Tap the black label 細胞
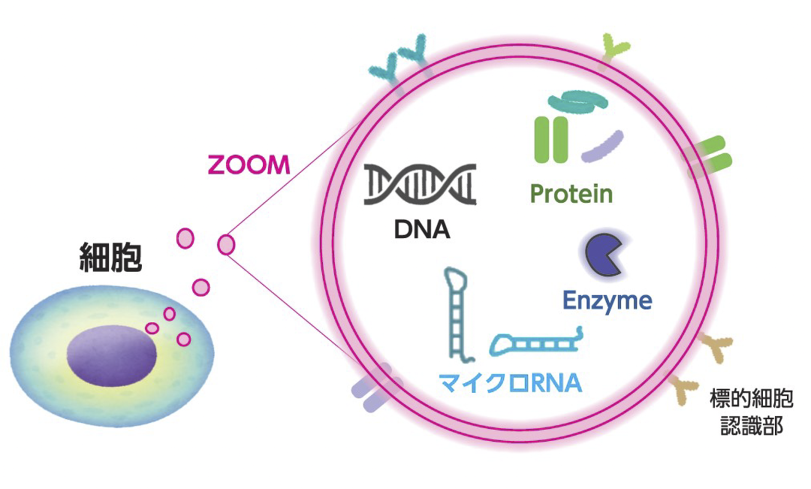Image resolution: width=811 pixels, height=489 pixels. (110, 257)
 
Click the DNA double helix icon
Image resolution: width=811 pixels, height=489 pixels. (421, 184)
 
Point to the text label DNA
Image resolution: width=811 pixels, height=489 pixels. (421, 228)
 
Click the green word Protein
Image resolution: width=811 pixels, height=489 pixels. (571, 194)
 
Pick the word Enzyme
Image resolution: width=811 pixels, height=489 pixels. (607, 301)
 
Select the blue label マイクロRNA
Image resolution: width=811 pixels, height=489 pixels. (510, 383)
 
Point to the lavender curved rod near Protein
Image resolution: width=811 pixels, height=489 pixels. (603, 146)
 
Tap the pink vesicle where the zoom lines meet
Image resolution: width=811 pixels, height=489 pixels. (226, 244)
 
